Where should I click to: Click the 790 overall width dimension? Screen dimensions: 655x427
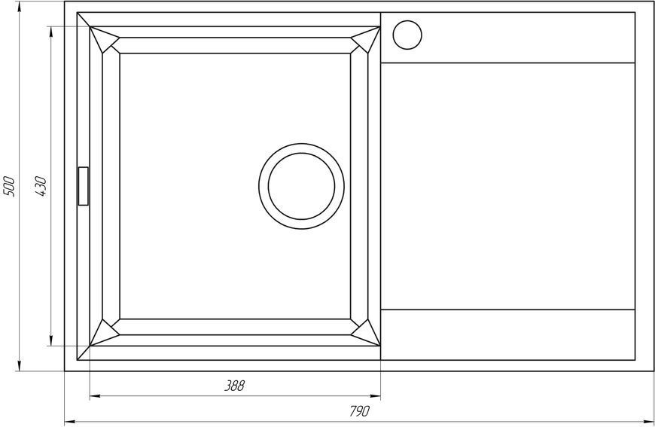359,411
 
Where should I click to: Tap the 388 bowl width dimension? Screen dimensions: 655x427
234,386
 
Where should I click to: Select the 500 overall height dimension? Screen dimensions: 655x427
9,187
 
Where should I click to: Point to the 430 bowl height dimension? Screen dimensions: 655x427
41,187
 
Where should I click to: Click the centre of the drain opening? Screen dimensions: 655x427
301,186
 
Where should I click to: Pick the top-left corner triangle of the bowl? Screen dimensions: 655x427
104,38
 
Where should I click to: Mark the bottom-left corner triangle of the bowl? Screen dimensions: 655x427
104,334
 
